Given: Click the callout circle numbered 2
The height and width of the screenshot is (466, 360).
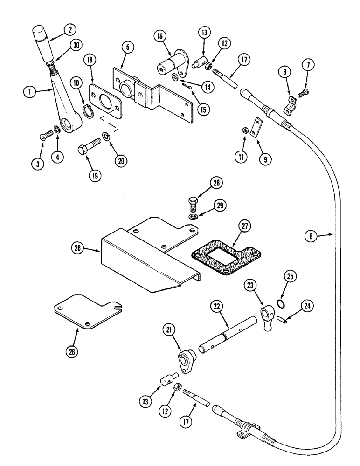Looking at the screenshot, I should tap(70, 28).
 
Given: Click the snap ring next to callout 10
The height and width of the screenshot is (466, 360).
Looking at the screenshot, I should tap(89, 110).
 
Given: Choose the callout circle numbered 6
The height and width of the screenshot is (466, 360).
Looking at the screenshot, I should tap(321, 236).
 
